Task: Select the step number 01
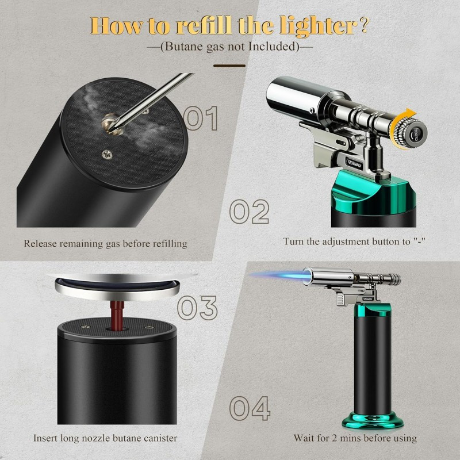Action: [201, 118]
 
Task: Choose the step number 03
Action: [197, 307]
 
